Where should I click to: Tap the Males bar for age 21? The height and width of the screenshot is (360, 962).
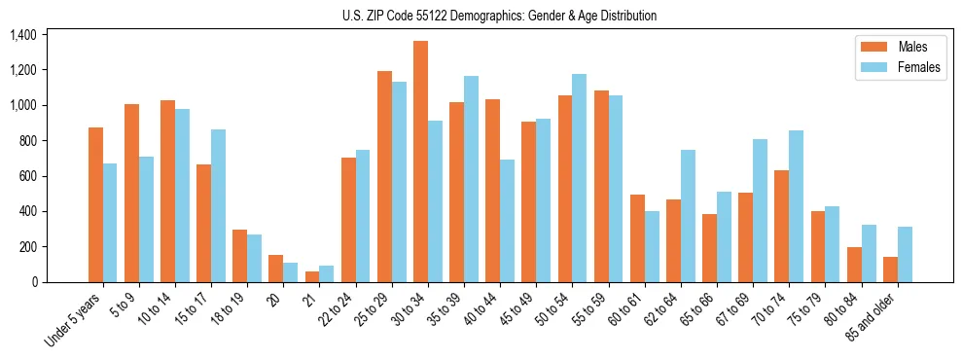312,276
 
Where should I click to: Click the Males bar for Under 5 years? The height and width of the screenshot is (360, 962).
95,204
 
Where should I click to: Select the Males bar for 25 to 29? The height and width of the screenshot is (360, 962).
384,176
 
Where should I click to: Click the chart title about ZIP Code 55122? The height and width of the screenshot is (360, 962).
499,16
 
